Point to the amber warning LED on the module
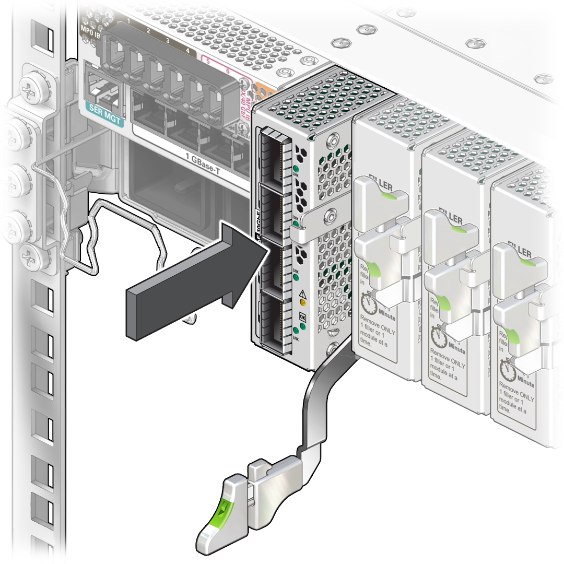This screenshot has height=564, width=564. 302,301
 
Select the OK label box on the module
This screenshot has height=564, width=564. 302,316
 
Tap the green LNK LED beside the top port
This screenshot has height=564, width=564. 296,169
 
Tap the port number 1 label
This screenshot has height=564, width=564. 128,20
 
